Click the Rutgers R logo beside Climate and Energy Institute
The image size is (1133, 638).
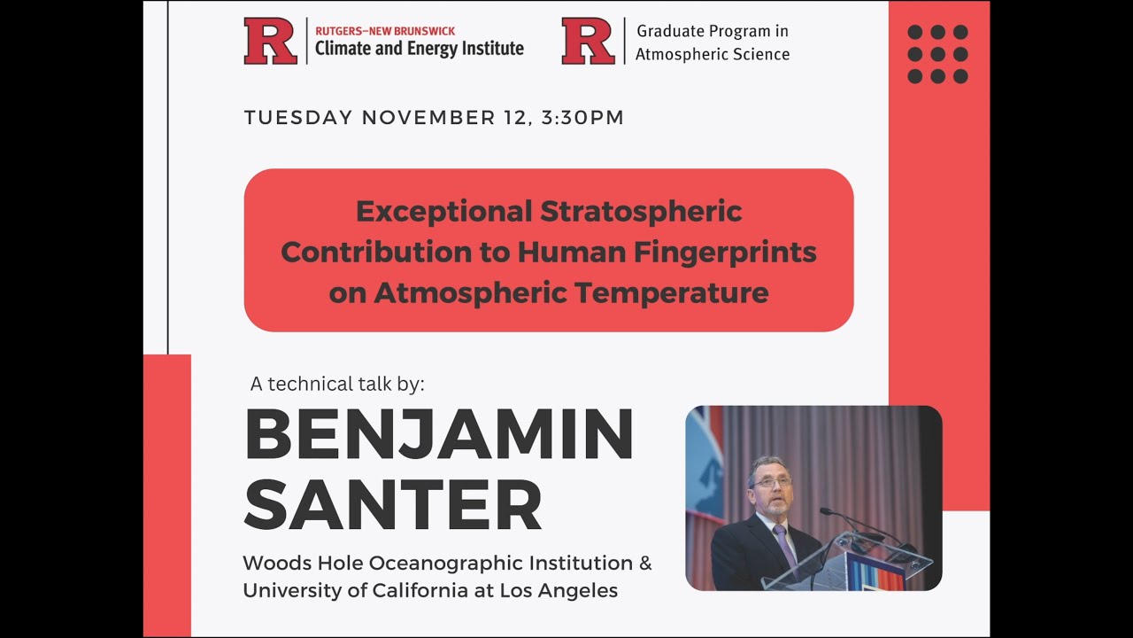click(270, 42)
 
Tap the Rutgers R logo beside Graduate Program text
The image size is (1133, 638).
click(588, 42)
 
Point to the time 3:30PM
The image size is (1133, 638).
click(582, 118)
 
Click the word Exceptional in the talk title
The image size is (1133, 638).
click(444, 212)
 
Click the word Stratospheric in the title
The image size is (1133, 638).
click(641, 212)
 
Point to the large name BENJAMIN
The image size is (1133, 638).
click(439, 435)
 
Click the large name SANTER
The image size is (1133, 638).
click(393, 505)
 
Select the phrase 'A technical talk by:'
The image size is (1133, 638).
click(337, 384)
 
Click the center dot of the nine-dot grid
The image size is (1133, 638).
click(937, 54)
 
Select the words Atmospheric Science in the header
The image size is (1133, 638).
click(712, 54)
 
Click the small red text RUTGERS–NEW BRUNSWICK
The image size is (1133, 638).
click(385, 31)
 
